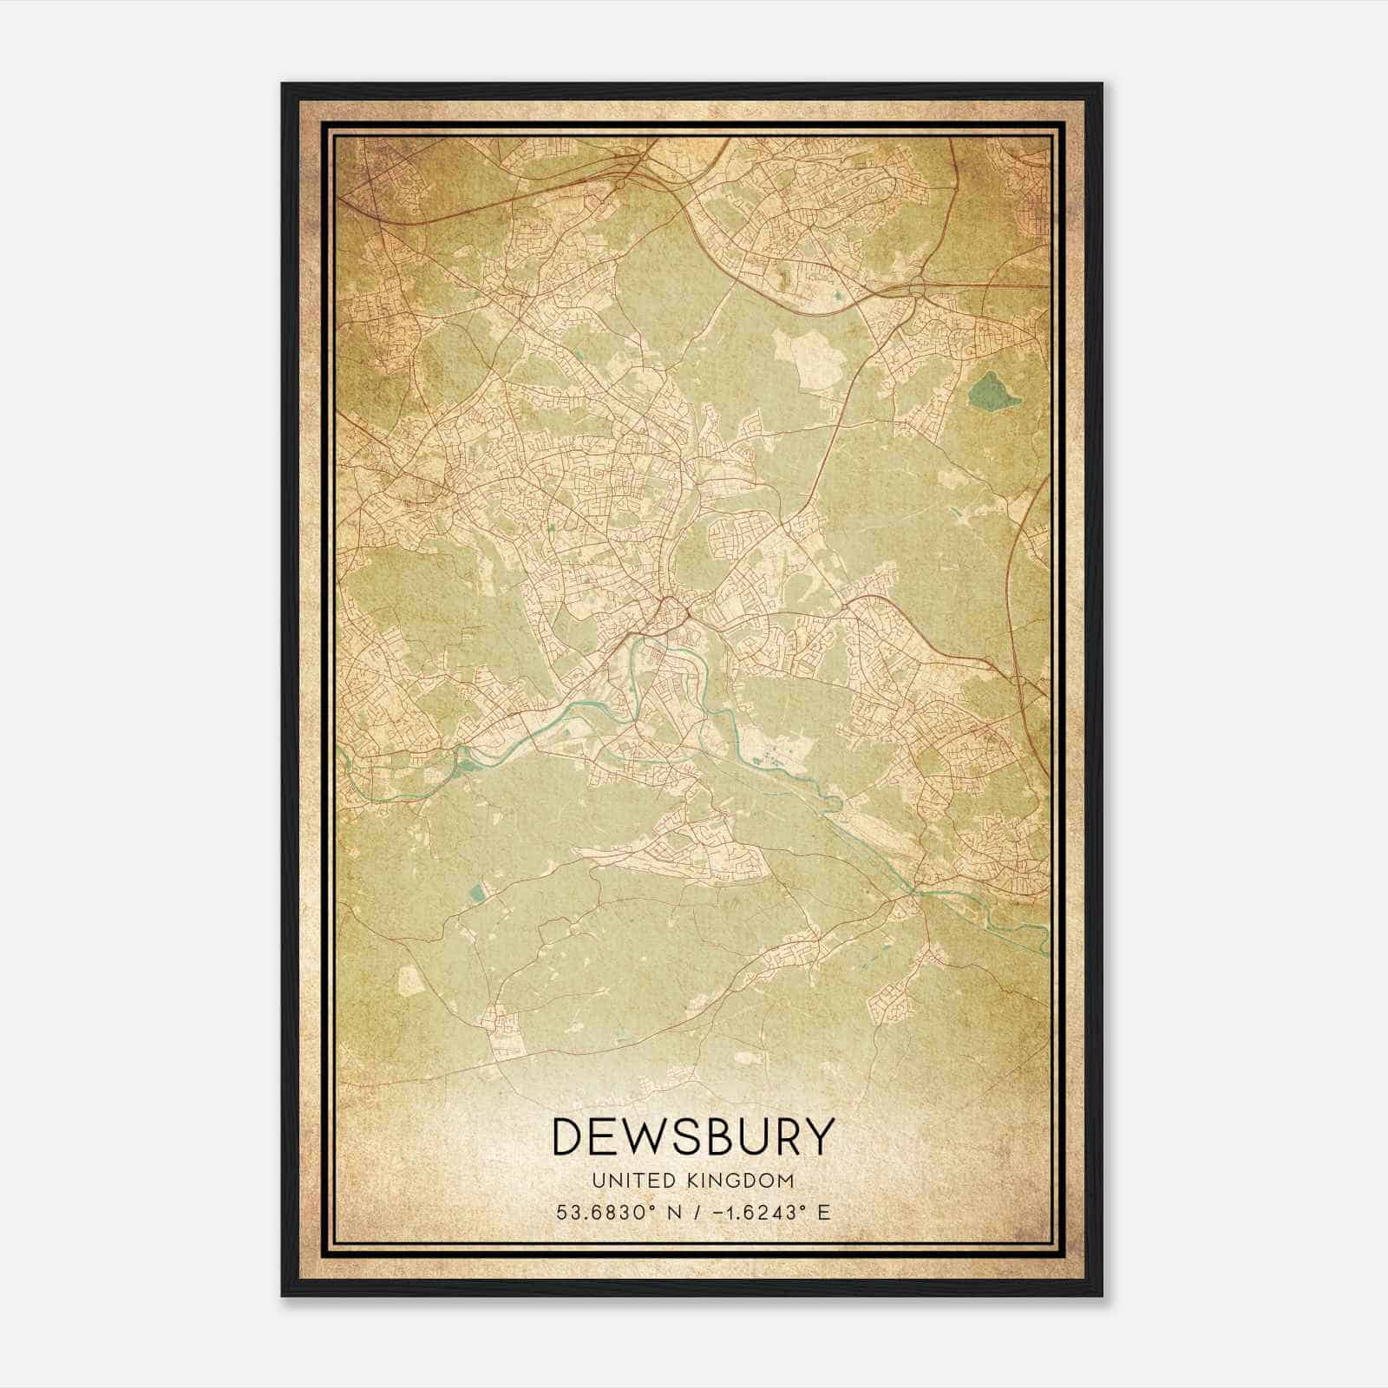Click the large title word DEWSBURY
(x=692, y=1137)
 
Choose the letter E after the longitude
(x=824, y=1212)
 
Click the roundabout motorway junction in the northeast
(x=918, y=290)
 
